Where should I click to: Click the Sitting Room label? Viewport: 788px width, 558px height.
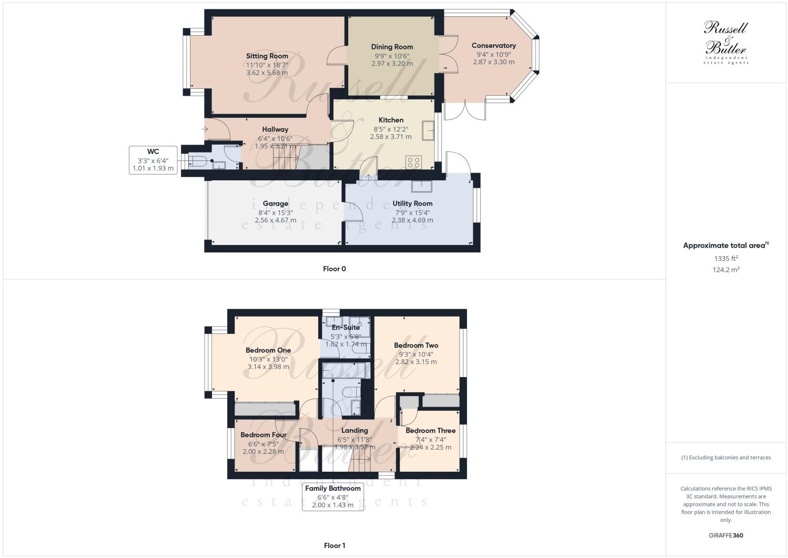click(x=267, y=56)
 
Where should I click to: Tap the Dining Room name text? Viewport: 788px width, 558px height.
click(x=392, y=47)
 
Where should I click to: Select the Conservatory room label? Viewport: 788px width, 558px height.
click(x=493, y=46)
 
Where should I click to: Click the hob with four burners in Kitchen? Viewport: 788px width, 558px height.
click(x=413, y=161)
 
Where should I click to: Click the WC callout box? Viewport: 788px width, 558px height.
click(x=153, y=160)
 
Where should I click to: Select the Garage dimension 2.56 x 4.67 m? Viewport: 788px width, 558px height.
click(x=275, y=220)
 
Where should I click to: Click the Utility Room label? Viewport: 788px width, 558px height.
click(x=412, y=204)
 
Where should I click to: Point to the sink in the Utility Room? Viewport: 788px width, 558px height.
click(x=422, y=186)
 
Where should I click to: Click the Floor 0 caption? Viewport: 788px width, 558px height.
click(x=334, y=269)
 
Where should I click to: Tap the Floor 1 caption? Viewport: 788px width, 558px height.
click(x=334, y=545)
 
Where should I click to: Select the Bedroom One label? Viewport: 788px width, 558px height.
click(x=268, y=350)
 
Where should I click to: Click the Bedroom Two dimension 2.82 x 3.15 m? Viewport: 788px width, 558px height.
click(x=416, y=362)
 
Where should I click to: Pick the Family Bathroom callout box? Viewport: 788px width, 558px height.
click(x=333, y=496)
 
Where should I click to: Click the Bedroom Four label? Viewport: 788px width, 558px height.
click(x=264, y=435)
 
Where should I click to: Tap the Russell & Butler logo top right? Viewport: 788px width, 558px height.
click(x=726, y=42)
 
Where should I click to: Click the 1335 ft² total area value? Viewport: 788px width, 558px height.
click(x=726, y=258)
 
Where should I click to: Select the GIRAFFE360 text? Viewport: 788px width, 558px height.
click(x=726, y=536)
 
